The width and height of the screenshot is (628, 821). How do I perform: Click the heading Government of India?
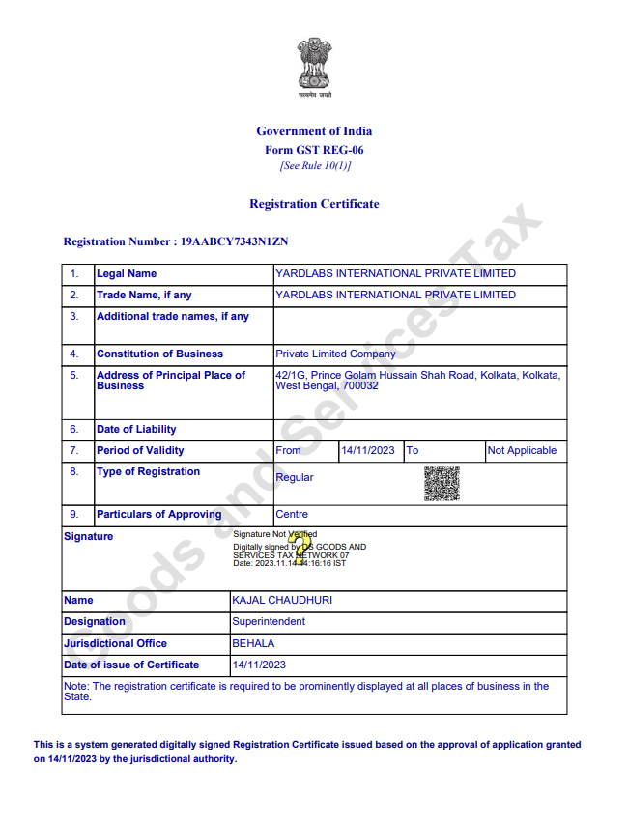tap(314, 131)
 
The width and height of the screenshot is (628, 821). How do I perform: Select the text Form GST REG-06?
tap(314, 150)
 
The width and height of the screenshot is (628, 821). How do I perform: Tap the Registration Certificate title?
tap(314, 204)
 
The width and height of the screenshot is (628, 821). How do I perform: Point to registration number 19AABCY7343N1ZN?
tap(235, 241)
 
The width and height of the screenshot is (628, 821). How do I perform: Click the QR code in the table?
tap(442, 483)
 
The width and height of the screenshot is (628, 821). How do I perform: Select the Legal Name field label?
tap(127, 274)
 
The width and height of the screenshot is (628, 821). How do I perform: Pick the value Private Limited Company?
tap(335, 354)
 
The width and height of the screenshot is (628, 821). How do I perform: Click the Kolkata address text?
tap(417, 381)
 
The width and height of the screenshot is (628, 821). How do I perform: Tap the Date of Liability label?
tap(136, 430)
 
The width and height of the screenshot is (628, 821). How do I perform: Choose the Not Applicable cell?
tap(522, 451)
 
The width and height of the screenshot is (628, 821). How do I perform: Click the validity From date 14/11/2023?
tap(368, 451)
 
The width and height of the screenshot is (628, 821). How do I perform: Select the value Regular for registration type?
tap(295, 478)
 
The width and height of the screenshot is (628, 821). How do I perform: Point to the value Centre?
tap(292, 515)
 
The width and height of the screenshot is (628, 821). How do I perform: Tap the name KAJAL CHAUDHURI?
tap(282, 601)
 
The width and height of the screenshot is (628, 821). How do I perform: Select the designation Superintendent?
tap(269, 622)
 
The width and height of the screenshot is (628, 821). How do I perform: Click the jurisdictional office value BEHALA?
tap(253, 643)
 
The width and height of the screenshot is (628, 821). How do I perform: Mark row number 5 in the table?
tap(74, 376)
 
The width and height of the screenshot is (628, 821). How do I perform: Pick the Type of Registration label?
tap(148, 472)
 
